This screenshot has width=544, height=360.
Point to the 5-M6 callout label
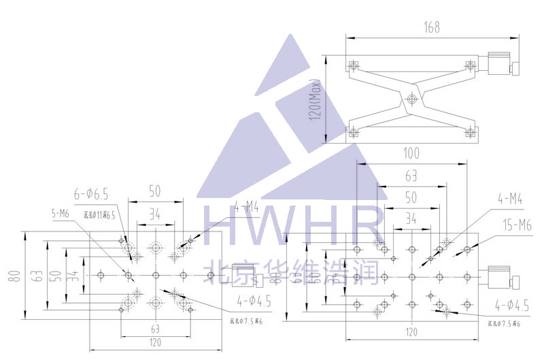tap(61, 214)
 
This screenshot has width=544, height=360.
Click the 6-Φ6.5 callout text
tap(92, 194)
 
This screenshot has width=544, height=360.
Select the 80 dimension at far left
tap(13, 276)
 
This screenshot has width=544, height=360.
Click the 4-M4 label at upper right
tap(509, 199)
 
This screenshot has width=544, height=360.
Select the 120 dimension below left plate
tap(156, 342)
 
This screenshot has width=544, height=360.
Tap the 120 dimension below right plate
tap(411, 332)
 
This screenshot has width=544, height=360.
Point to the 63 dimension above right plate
tap(411, 176)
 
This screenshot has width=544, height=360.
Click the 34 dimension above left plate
tap(155, 214)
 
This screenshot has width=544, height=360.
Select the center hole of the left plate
tap(156, 274)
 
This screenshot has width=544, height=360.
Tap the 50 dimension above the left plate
tap(155, 192)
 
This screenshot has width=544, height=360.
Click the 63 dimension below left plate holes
tap(156, 328)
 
